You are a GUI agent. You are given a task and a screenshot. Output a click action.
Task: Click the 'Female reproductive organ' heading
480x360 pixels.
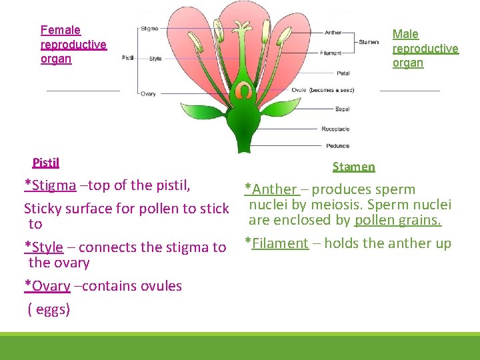[73, 44]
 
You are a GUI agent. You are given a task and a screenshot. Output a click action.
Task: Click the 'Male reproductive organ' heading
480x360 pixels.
[425, 48]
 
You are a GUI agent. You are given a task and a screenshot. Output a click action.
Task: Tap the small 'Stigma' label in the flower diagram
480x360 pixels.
[149, 29]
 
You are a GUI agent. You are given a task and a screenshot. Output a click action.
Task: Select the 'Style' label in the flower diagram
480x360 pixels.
[155, 59]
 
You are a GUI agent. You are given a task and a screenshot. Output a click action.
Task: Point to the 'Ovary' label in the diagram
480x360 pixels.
[148, 94]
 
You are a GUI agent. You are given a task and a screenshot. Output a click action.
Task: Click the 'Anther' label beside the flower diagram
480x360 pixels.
[333, 33]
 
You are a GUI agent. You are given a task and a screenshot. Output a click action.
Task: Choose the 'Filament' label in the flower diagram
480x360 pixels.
[331, 53]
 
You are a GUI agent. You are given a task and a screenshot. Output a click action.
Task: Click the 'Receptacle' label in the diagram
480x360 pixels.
[335, 129]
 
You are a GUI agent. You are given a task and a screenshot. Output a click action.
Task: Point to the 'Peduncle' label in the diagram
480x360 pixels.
[337, 145]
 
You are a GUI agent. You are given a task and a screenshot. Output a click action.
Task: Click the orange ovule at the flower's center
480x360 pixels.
[245, 90]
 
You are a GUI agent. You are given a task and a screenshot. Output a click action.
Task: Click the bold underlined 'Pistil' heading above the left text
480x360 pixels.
[46, 163]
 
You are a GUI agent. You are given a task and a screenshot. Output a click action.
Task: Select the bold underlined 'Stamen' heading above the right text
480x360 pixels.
[353, 167]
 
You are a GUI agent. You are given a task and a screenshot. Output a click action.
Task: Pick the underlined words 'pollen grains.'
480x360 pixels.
[398, 220]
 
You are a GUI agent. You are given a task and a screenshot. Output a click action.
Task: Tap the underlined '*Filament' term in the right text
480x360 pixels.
[277, 243]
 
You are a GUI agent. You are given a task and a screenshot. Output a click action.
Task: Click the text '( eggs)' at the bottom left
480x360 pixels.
[49, 309]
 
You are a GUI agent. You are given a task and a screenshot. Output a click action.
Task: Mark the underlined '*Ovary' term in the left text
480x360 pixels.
[47, 286]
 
